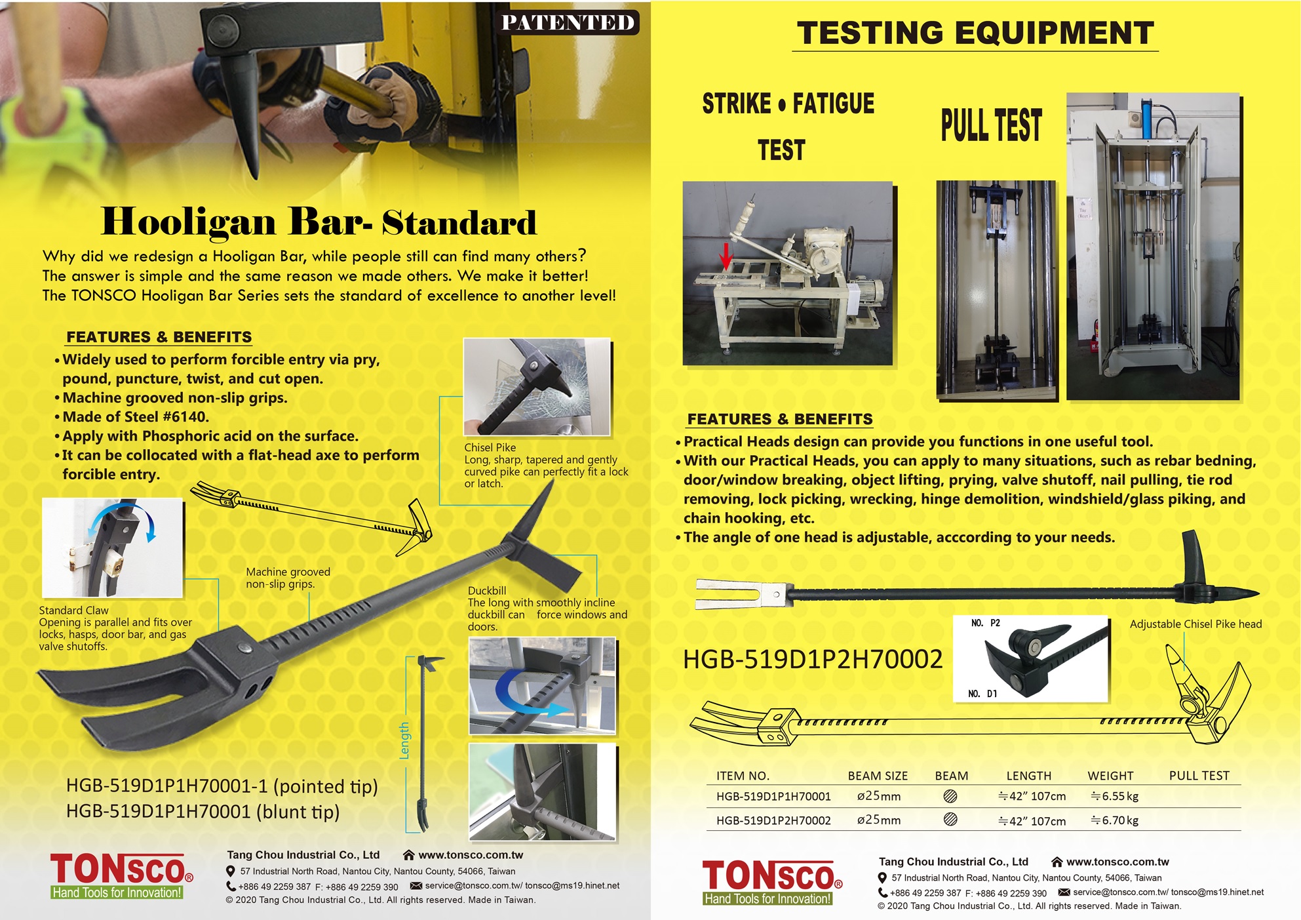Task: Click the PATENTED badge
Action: (x=568, y=22)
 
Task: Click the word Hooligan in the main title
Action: (x=188, y=222)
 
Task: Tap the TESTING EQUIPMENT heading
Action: (x=975, y=33)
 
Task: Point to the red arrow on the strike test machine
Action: (x=726, y=256)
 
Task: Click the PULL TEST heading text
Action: (x=991, y=125)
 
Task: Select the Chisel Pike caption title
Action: (x=490, y=447)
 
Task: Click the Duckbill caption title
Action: (x=486, y=590)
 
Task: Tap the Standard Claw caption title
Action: (x=73, y=610)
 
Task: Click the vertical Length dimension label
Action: (x=404, y=741)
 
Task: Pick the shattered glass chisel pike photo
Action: (x=537, y=386)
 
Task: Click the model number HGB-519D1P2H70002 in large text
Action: (x=813, y=659)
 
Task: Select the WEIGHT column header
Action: (x=1110, y=776)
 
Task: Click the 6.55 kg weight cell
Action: (x=1114, y=796)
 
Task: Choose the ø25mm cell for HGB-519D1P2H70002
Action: (x=879, y=820)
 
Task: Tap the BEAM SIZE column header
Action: (x=878, y=776)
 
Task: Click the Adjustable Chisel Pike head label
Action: (x=1195, y=624)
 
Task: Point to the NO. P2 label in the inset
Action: (x=985, y=623)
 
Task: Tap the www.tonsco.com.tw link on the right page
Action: (x=1117, y=862)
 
